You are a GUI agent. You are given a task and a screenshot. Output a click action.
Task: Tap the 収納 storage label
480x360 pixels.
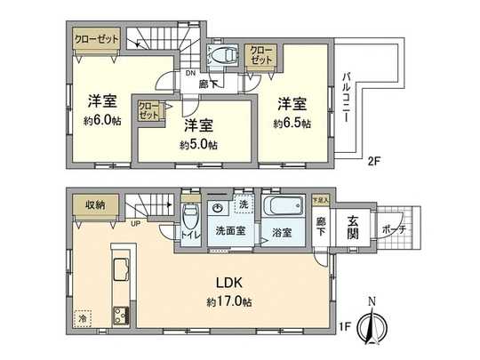pos(95,205)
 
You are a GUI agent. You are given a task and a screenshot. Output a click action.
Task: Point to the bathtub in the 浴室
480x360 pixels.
pos(284,210)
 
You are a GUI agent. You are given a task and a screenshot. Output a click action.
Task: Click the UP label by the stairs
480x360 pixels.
pos(134,223)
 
